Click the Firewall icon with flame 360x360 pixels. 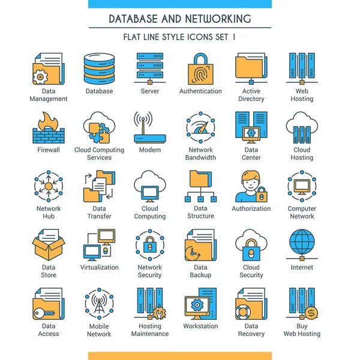pyautogui.click(x=48, y=127)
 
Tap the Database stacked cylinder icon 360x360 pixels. pyautogui.click(x=99, y=69)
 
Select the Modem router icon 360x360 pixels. pyautogui.click(x=150, y=127)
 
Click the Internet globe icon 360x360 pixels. pyautogui.click(x=302, y=244)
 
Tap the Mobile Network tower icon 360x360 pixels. pyautogui.click(x=99, y=304)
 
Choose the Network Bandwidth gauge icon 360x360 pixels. pyautogui.click(x=200, y=127)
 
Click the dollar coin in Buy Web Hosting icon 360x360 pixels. pyautogui.click(x=311, y=313)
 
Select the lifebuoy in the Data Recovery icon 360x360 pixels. pyautogui.click(x=243, y=313)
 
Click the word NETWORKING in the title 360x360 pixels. pyautogui.click(x=215, y=19)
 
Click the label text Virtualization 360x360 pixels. pyautogui.click(x=99, y=268)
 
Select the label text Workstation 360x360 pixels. pyautogui.click(x=200, y=326)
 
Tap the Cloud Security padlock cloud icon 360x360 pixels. pyautogui.click(x=251, y=245)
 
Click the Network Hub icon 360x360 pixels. pyautogui.click(x=48, y=186)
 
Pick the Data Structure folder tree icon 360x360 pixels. pyautogui.click(x=200, y=186)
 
